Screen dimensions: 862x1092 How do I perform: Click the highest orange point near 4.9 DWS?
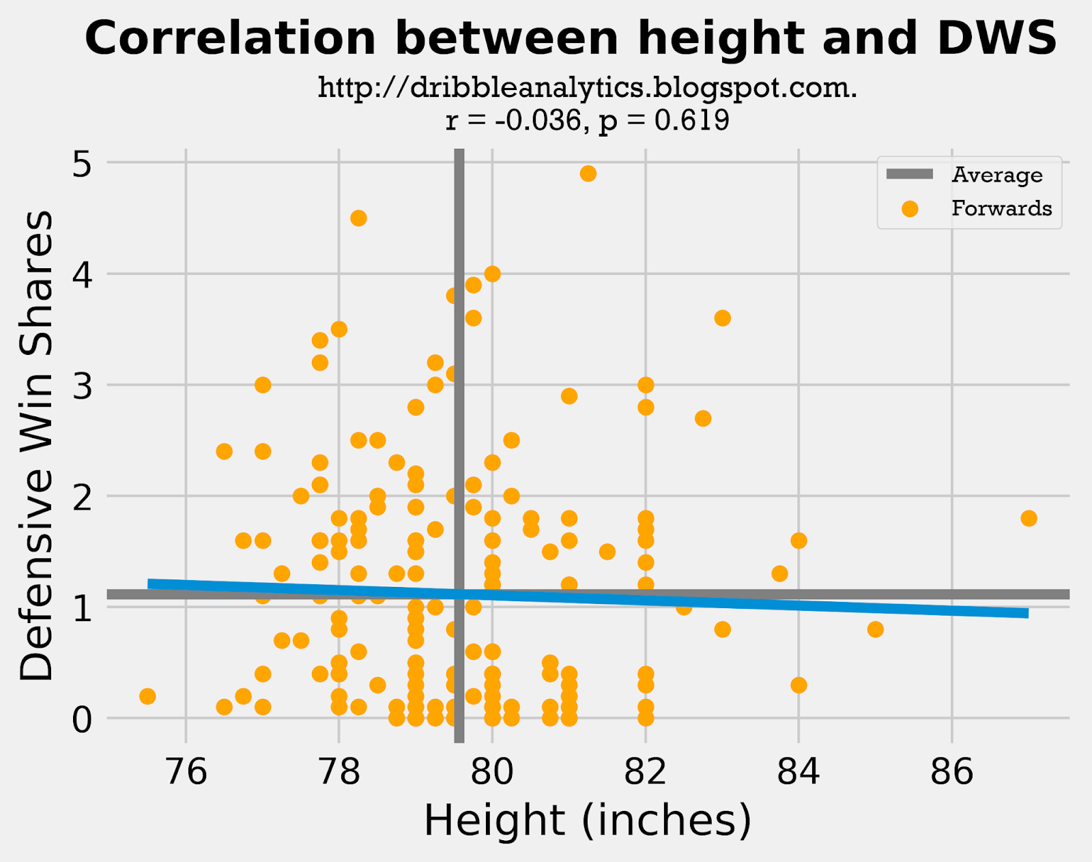(588, 173)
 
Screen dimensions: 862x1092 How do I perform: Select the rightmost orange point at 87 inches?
(1029, 518)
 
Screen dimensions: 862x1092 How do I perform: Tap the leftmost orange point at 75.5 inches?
(147, 696)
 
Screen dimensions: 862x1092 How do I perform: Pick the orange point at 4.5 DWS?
(358, 218)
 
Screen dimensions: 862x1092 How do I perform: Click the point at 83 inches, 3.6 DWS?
(722, 318)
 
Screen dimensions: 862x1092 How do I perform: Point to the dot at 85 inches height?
(876, 629)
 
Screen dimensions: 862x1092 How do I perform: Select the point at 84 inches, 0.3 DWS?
(799, 685)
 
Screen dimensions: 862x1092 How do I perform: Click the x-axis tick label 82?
(645, 772)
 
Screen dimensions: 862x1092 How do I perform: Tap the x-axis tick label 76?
(186, 772)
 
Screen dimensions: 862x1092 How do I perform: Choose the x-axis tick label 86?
(951, 772)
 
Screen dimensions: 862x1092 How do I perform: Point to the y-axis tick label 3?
(81, 386)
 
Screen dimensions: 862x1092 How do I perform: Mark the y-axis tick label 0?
(81, 719)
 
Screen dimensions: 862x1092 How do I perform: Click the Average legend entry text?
(997, 175)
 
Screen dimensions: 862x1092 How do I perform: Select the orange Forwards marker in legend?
(909, 208)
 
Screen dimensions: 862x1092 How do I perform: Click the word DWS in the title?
(997, 38)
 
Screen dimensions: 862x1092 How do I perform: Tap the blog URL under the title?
(587, 88)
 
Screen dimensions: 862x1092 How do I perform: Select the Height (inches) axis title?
(587, 820)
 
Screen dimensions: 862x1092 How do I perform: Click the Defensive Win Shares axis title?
(37, 445)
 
